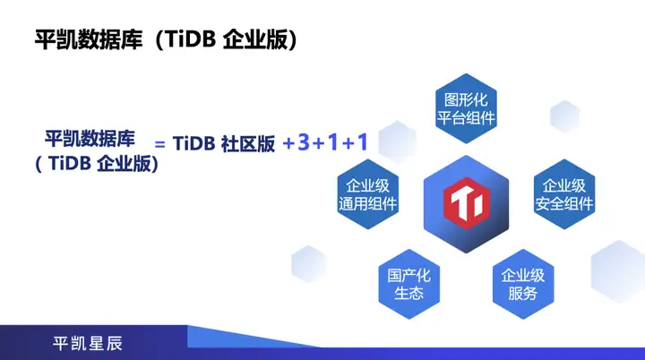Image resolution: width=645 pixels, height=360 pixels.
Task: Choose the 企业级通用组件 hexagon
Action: [367, 194]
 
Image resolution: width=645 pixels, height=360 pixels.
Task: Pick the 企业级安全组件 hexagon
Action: [564, 194]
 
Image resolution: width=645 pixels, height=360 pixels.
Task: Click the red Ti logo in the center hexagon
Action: [466, 199]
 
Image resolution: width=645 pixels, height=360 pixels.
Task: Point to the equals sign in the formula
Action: [161, 144]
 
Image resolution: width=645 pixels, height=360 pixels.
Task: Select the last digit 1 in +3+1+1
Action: [362, 142]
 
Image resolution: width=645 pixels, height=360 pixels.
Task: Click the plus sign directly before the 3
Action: [288, 143]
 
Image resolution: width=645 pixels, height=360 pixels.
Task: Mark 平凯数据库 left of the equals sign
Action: [90, 139]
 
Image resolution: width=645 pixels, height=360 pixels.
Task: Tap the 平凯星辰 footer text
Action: [87, 343]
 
